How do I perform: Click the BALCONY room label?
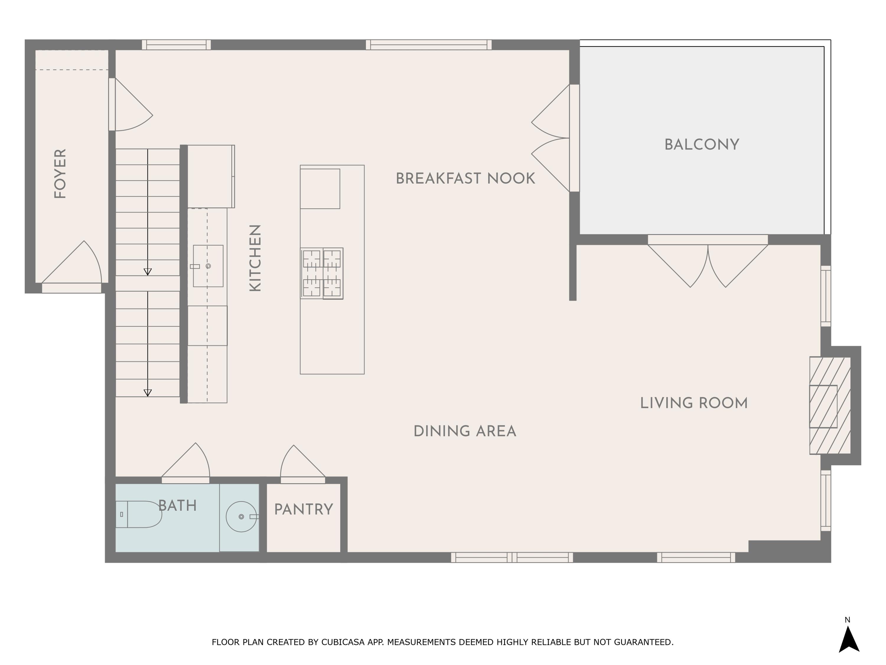702,145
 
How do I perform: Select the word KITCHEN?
255,258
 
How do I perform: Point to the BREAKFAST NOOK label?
465,179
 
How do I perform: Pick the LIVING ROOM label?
694,403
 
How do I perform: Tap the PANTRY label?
304,510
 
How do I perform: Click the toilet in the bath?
139,514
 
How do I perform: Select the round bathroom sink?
242,517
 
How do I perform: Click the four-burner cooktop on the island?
322,273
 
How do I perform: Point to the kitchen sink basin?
208,266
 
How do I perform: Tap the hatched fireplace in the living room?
830,405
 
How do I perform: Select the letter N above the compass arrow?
848,620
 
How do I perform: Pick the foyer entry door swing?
72,262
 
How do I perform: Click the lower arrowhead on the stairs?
148,393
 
